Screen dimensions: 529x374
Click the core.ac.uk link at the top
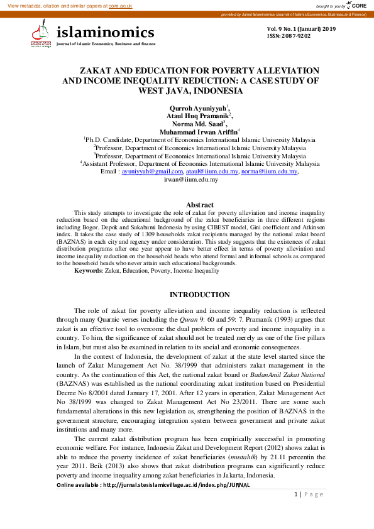tap(120, 5)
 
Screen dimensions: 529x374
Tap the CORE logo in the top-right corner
tap(356, 5)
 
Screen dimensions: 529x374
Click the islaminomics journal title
tap(105, 32)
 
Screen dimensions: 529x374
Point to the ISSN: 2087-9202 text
tap(289, 36)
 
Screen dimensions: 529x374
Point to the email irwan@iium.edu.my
tap(190, 179)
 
